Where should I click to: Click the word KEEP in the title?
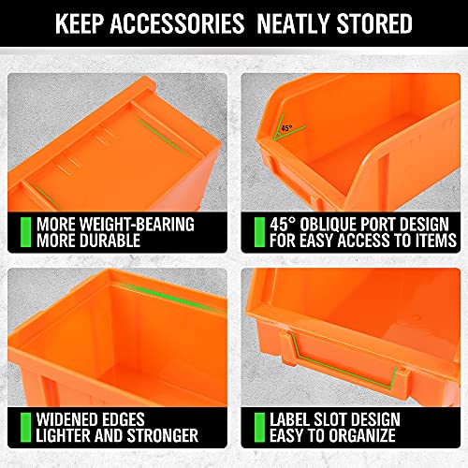pyautogui.click(x=85, y=22)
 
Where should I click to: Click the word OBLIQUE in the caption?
pyautogui.click(x=329, y=224)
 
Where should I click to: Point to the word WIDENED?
pyautogui.click(x=72, y=418)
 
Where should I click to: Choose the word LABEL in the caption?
pyautogui.click(x=290, y=418)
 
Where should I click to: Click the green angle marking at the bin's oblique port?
pyautogui.click(x=281, y=136)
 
